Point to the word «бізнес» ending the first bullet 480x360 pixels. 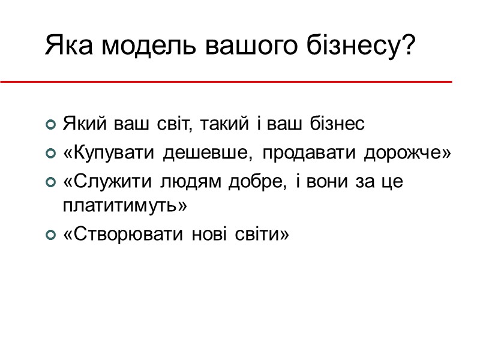[338, 125]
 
